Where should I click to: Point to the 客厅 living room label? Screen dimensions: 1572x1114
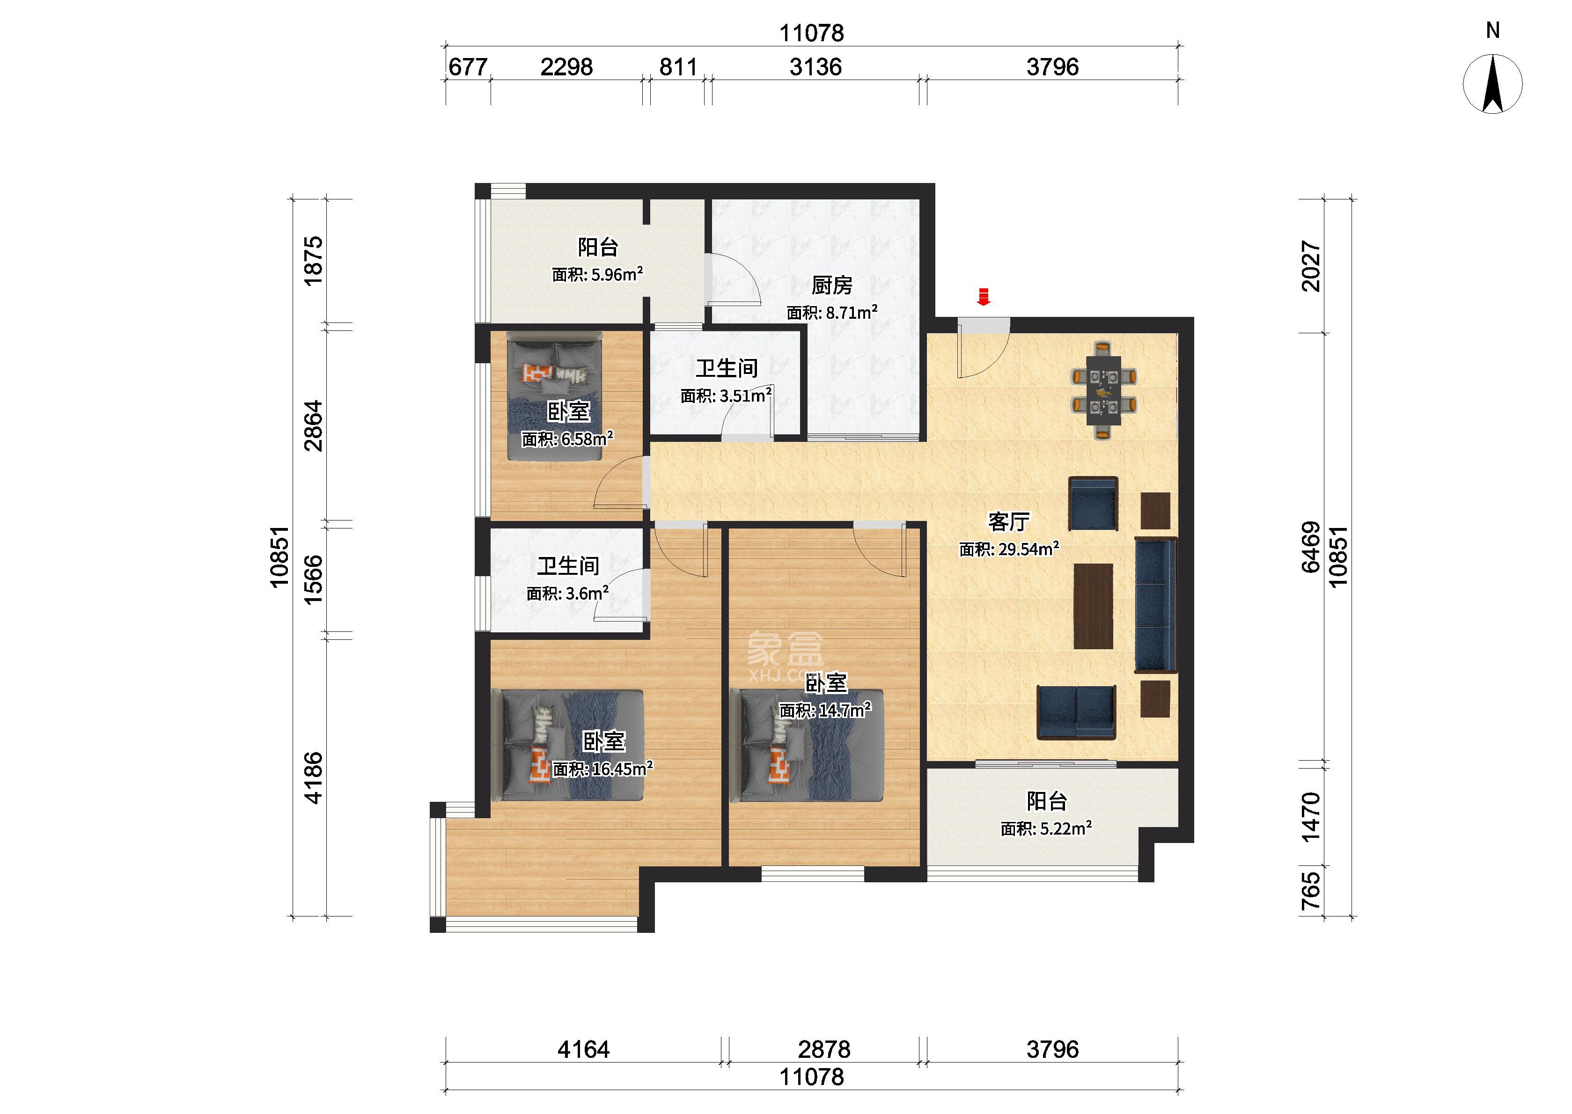coord(1008,522)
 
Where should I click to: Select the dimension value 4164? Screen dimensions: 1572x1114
coord(584,1049)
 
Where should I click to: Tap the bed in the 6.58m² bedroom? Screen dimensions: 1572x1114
coord(554,396)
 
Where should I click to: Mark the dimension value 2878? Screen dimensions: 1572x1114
coord(824,1049)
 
